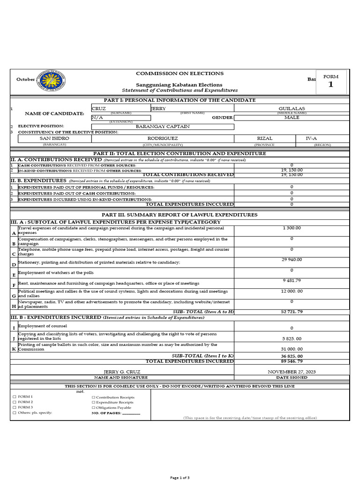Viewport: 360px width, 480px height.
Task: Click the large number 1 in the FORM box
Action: coord(331,85)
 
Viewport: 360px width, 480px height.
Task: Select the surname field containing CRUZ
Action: coord(99,108)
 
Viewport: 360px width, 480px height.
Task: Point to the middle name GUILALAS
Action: coord(292,108)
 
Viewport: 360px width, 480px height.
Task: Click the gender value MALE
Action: coord(292,117)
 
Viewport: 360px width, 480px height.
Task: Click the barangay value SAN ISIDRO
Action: coord(54,139)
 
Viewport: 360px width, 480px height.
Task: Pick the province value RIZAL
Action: coord(264,139)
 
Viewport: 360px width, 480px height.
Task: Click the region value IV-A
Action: coord(312,139)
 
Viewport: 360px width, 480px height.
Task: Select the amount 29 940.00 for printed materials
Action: coord(292,260)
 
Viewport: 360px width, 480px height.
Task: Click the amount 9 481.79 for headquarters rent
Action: coord(292,280)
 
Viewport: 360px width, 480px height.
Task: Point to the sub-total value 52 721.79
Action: coord(292,312)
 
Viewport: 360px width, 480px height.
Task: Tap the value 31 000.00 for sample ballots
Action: coord(292,349)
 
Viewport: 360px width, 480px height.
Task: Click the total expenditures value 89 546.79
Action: coord(292,361)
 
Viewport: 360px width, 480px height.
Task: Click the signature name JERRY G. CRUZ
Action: coord(121,372)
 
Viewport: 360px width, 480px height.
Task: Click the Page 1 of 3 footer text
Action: coord(180,477)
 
